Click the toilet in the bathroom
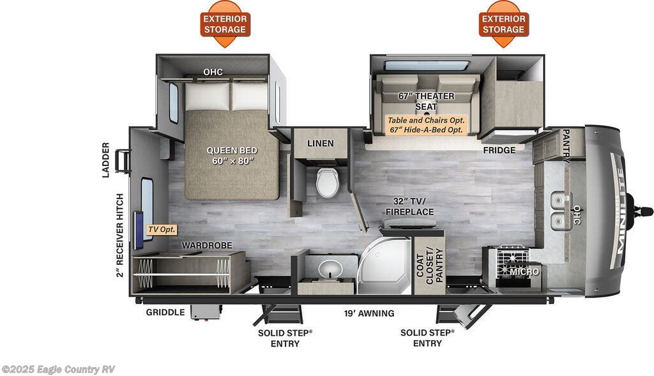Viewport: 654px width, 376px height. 327,182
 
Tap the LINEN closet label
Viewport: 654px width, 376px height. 321,143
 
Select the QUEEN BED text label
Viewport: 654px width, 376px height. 232,156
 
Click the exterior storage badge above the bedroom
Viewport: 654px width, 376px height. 225,24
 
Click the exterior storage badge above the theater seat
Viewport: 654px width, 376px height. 503,24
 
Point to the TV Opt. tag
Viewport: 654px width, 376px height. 162,230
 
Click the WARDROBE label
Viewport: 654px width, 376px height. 207,246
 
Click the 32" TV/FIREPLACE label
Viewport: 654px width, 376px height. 409,206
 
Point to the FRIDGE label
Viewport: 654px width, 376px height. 499,150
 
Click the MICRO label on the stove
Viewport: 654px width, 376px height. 525,272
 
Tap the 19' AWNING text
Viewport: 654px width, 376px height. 369,313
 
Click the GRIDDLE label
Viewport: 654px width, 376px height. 165,312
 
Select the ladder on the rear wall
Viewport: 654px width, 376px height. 122,162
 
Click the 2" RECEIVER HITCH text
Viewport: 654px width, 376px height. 120,235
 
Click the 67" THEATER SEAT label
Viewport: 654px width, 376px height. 426,102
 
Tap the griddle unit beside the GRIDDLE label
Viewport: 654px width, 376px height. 206,312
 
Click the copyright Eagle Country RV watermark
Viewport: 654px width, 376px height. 58,370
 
